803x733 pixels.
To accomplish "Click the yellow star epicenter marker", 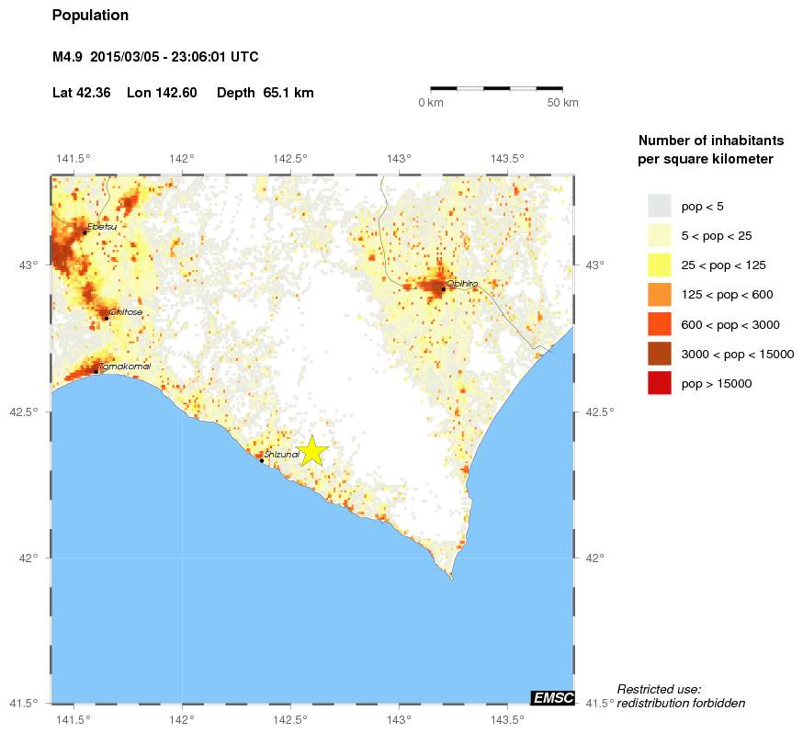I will pos(311,450).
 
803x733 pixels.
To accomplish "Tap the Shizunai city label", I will pos(282,455).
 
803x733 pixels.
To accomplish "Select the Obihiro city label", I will pos(462,284).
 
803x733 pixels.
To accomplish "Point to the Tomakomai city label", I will pos(124,366).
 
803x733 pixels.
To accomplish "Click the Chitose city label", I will pos(125,312).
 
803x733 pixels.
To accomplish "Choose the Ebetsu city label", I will pos(102,226).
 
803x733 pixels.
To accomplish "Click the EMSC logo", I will pos(553,698).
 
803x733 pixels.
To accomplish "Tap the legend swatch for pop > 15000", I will pos(659,383).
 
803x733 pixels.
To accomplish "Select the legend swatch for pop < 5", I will pos(659,206).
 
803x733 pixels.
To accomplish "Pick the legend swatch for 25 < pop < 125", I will pos(659,265).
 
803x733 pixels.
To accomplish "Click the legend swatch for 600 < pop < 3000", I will pos(659,324).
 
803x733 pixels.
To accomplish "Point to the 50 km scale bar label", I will pos(562,103).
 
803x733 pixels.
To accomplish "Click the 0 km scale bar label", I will pos(431,103).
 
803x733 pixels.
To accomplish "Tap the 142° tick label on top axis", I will pos(182,158).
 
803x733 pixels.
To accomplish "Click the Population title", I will pos(90,16).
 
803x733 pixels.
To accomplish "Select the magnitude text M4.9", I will pos(67,57).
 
